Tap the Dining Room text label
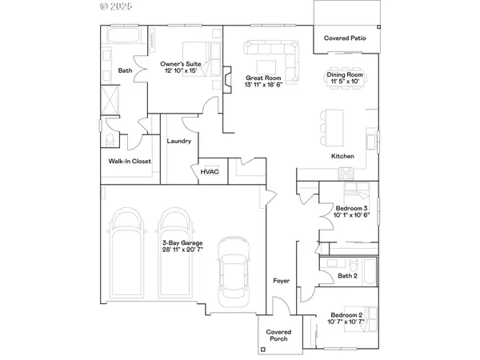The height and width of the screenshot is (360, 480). tap(345, 75)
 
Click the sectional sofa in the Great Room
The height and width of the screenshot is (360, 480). tap(270, 57)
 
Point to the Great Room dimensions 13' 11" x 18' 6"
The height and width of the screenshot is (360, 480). tap(262, 85)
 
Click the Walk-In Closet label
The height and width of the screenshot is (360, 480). tap(130, 161)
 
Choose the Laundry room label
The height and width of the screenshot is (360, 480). tap(178, 142)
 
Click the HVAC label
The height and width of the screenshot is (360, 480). tap(209, 170)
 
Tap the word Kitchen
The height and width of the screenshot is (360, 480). tap(343, 157)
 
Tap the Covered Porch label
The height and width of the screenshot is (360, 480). tap(279, 334)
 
